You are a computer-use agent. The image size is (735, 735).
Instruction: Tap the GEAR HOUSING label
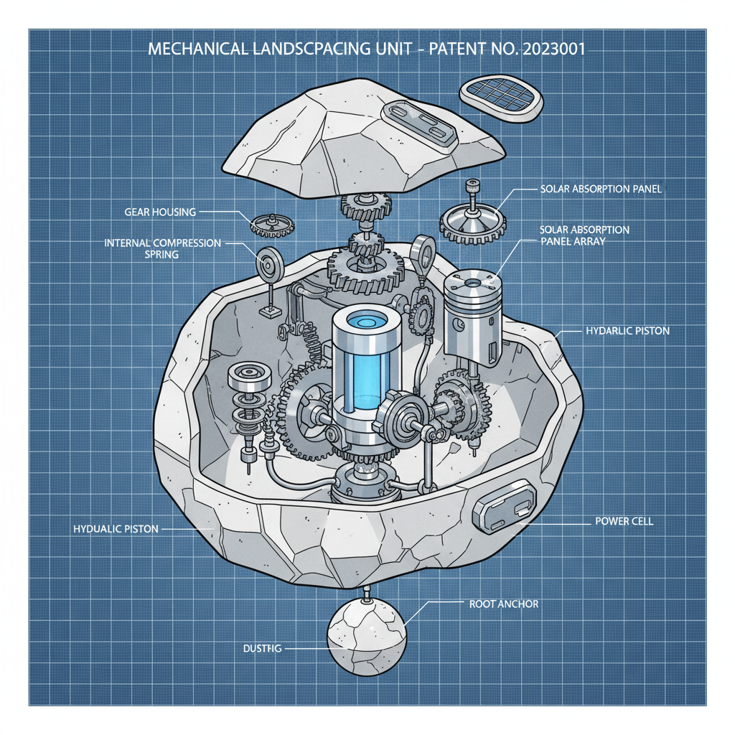[159, 212]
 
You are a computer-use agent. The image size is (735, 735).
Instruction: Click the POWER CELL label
[624, 521]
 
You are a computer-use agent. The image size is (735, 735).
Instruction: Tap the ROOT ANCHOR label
[503, 604]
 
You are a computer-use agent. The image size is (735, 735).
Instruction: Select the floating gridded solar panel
[500, 98]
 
